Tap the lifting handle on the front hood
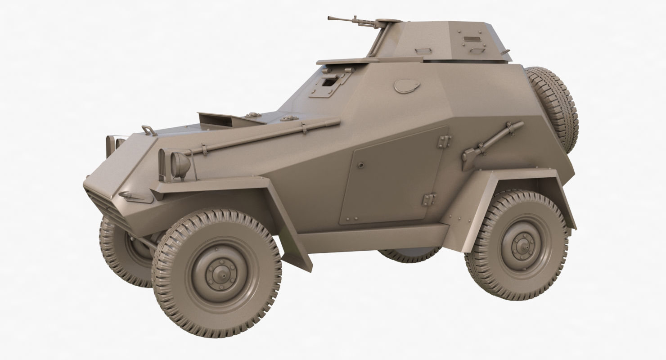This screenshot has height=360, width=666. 148,130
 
